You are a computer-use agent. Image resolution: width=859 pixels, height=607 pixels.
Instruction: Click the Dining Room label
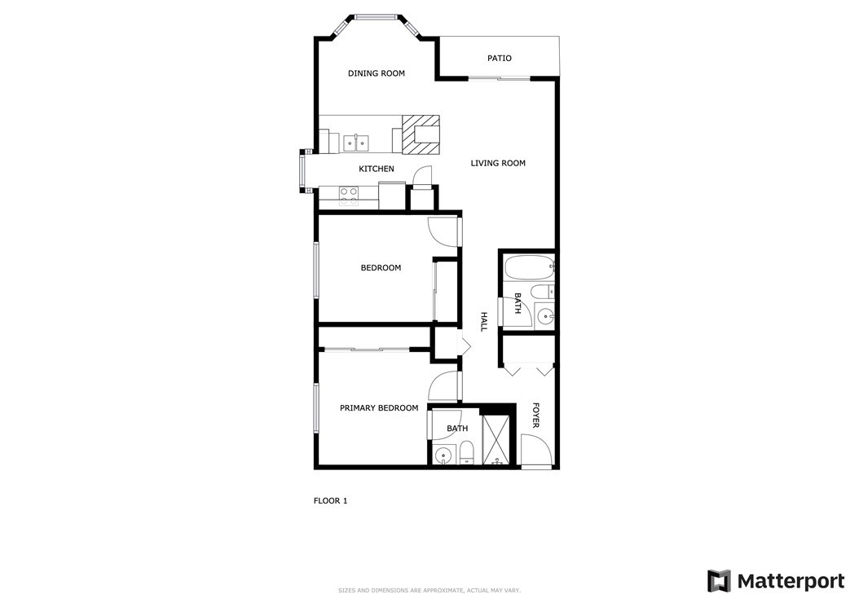click(x=377, y=73)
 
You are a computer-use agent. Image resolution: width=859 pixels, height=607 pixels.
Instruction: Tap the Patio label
click(x=500, y=58)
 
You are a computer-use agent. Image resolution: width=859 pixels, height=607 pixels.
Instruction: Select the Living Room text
click(x=498, y=163)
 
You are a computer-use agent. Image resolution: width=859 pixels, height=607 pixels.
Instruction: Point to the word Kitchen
click(x=377, y=169)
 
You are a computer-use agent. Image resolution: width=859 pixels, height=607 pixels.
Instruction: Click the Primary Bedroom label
click(x=379, y=408)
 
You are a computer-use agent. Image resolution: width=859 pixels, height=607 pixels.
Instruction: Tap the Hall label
click(x=484, y=322)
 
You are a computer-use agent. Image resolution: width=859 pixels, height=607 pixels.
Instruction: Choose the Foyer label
click(x=535, y=416)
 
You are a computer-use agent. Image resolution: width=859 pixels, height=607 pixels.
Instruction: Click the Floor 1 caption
click(x=330, y=501)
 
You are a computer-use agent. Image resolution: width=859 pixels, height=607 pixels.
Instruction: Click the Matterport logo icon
click(x=719, y=581)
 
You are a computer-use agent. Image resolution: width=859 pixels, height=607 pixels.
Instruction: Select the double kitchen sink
click(x=356, y=143)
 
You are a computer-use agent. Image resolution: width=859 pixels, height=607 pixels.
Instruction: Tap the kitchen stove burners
click(x=349, y=196)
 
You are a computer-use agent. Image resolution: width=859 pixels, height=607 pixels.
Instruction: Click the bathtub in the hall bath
click(x=529, y=268)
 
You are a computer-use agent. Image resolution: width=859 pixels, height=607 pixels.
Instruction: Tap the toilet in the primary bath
click(x=466, y=454)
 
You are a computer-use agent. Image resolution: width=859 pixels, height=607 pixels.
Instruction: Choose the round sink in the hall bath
click(x=544, y=315)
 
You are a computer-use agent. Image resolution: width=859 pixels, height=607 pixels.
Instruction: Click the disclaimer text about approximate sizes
click(x=429, y=591)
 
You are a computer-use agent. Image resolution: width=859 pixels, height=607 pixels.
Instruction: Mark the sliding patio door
click(x=499, y=79)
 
